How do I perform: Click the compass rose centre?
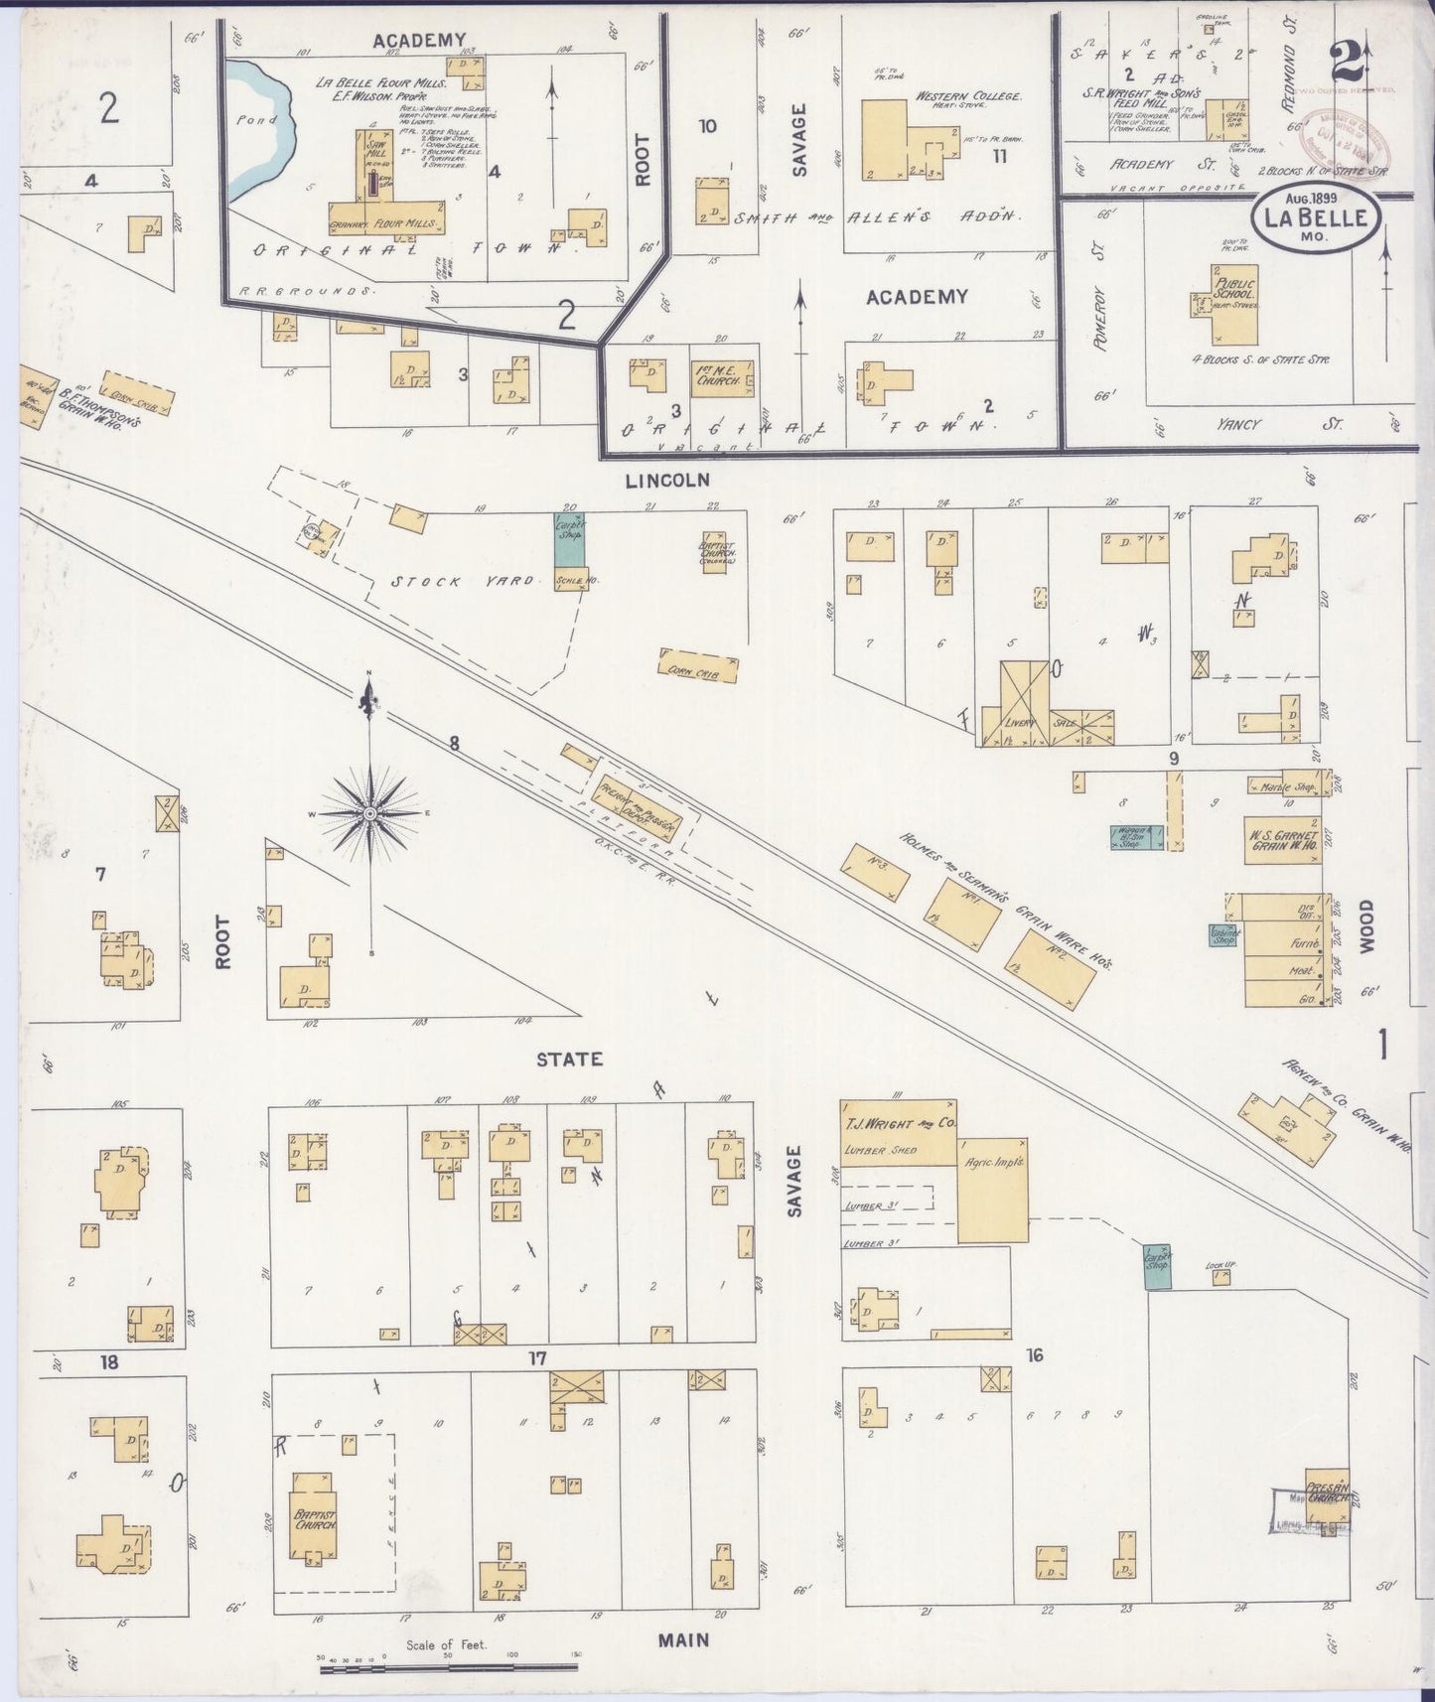tap(370, 813)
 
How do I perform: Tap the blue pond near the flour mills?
tap(259, 124)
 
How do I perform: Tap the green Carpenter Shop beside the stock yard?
tap(570, 540)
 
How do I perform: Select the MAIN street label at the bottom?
tap(683, 1638)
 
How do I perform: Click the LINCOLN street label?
tap(667, 481)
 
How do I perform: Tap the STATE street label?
tap(569, 1060)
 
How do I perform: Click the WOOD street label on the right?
tap(1366, 927)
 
